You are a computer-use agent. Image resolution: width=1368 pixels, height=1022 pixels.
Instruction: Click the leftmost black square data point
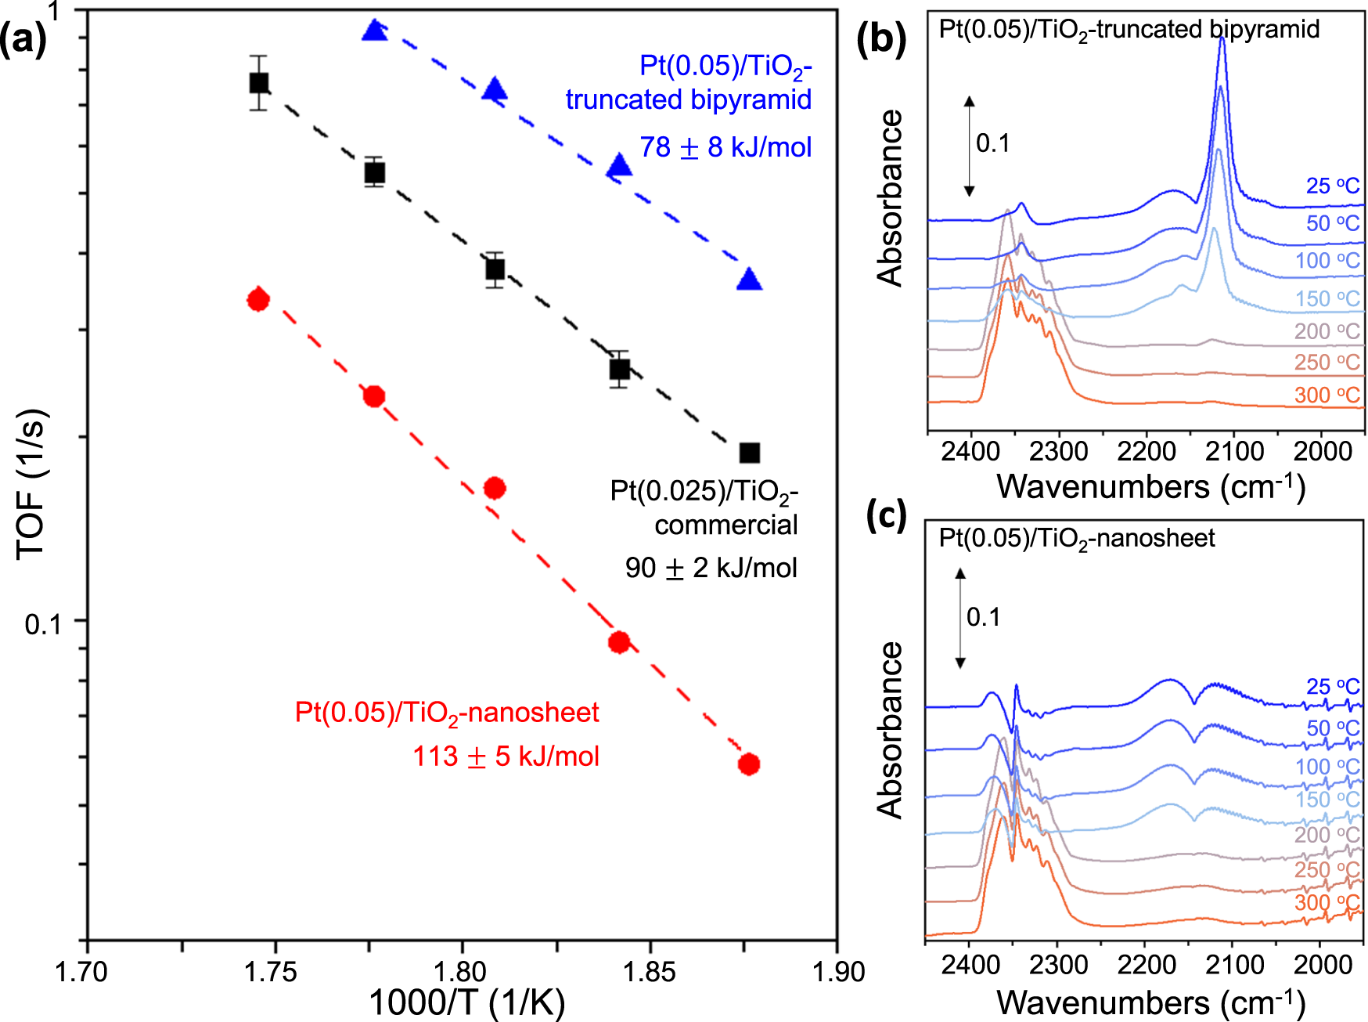[x=259, y=82]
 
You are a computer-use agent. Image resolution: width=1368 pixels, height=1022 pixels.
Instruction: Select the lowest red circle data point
[x=749, y=764]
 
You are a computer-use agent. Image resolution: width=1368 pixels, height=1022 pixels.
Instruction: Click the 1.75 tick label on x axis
[x=270, y=972]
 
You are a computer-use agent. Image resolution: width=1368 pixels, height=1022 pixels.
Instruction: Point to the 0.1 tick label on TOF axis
[x=43, y=624]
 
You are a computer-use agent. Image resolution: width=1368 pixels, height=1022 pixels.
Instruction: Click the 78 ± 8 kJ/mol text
[x=725, y=147]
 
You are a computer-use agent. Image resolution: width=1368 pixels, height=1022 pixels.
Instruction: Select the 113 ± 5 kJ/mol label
[x=506, y=757]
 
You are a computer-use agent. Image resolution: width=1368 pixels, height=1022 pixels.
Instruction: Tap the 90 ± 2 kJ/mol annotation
[x=711, y=568]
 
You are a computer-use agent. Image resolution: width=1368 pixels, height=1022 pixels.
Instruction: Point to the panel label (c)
[x=886, y=515]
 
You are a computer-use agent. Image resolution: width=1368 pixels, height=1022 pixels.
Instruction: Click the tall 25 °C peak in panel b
[x=1222, y=47]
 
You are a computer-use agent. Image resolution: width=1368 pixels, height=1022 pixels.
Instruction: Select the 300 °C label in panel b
[x=1327, y=395]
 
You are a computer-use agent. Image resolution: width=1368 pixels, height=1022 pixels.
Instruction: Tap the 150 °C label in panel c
[x=1327, y=800]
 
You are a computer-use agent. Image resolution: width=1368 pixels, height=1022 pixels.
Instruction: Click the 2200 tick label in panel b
[x=1146, y=452]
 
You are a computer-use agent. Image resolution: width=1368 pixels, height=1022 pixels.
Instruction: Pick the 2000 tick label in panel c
[x=1323, y=964]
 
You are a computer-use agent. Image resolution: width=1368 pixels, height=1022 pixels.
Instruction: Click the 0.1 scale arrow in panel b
[x=969, y=146]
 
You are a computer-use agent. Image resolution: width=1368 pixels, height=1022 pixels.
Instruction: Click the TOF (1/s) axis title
[x=32, y=483]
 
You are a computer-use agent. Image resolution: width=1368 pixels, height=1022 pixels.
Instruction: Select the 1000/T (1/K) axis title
[x=466, y=1002]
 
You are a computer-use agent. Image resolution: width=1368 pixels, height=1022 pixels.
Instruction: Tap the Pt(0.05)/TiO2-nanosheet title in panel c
[x=1076, y=538]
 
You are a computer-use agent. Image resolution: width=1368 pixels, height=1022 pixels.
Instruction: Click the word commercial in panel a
[x=725, y=525]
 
